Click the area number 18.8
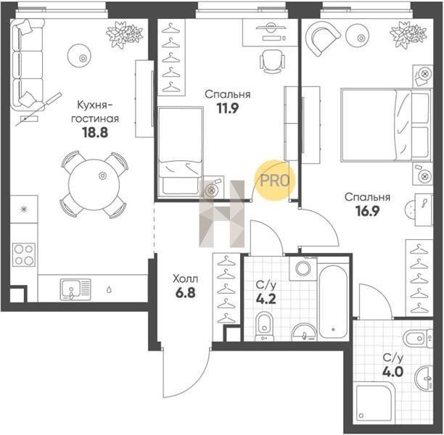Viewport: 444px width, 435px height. pyautogui.click(x=95, y=132)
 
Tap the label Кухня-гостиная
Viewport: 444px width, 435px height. pyautogui.click(x=95, y=112)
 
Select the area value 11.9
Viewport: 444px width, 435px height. pyautogui.click(x=228, y=108)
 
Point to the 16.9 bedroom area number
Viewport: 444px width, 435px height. pyautogui.click(x=367, y=211)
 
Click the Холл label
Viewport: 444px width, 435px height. pyautogui.click(x=186, y=279)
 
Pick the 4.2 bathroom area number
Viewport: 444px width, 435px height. pyautogui.click(x=266, y=299)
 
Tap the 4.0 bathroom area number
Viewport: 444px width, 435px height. pyautogui.click(x=392, y=372)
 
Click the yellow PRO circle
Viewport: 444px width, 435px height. pyautogui.click(x=274, y=181)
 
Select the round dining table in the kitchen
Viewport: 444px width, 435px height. pyautogui.click(x=94, y=185)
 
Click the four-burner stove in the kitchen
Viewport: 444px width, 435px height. pyautogui.click(x=24, y=254)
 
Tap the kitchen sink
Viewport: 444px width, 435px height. pyautogui.click(x=75, y=289)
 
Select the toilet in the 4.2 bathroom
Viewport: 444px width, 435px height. pyautogui.click(x=264, y=326)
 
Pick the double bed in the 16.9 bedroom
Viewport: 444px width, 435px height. pyautogui.click(x=386, y=125)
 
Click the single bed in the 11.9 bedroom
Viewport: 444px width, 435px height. pyautogui.click(x=181, y=152)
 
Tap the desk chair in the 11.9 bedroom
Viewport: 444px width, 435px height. pyautogui.click(x=272, y=62)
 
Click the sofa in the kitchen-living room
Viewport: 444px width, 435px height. pyautogui.click(x=28, y=65)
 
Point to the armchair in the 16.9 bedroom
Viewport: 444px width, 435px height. pyautogui.click(x=322, y=38)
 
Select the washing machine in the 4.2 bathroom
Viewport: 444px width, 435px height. pyautogui.click(x=303, y=268)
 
